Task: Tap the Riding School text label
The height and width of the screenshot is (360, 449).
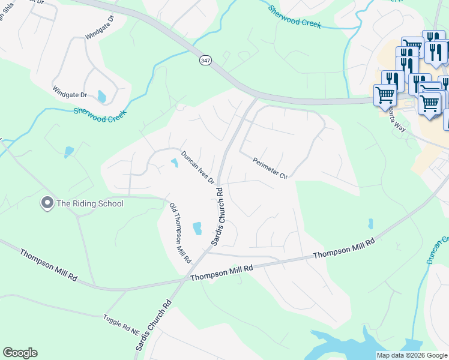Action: pos(90,203)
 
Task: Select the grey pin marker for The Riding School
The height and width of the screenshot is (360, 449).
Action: pos(47,203)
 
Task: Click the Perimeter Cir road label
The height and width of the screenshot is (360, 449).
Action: pos(271,169)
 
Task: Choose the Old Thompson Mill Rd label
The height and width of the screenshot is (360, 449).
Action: pos(179,233)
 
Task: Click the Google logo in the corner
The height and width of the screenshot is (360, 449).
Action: pos(20,353)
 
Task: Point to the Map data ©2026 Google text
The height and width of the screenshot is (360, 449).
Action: pos(412,355)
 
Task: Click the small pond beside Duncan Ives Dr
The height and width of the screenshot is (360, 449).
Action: pos(175,162)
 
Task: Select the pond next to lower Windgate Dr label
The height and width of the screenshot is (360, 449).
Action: pos(101,96)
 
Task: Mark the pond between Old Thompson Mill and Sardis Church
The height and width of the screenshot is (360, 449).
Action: pos(197,228)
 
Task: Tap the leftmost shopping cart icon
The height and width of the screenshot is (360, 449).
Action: pos(384,95)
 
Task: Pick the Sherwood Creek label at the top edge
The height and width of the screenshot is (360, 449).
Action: pos(294,18)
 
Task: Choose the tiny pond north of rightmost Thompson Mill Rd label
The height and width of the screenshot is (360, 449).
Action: pos(370,224)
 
